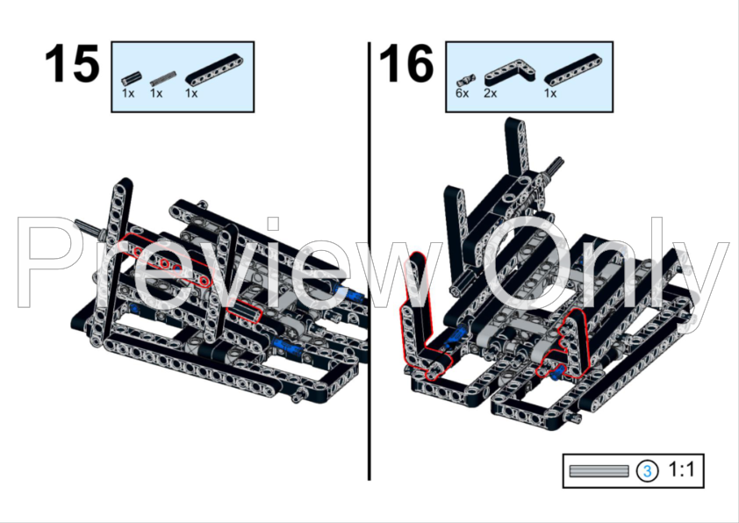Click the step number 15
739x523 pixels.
point(72,63)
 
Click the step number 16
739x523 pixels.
point(405,63)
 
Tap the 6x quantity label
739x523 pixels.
point(462,93)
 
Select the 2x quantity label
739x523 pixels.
point(490,93)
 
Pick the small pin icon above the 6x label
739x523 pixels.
point(465,80)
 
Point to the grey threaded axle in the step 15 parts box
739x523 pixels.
point(163,78)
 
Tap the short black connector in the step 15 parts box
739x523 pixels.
point(132,78)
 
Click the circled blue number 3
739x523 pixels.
point(647,471)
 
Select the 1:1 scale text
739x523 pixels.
point(681,469)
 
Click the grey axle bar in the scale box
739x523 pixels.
point(599,471)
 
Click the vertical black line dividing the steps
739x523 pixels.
point(369,261)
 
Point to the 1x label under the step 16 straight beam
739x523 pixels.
point(550,93)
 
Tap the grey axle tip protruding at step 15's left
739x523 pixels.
point(87,226)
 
